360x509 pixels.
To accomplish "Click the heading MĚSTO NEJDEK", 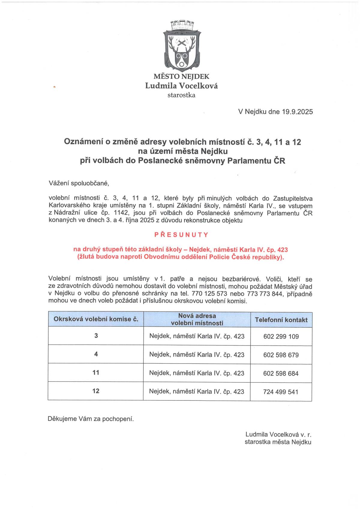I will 181,76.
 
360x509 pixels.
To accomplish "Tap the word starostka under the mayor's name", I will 181,95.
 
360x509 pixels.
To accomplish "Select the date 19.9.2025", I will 297,112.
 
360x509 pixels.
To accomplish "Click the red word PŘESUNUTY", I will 181,235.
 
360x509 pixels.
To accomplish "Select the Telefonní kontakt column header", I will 281,320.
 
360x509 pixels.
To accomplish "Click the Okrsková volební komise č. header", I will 96,319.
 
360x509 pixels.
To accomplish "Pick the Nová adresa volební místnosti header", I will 197,319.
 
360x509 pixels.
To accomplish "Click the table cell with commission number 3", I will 96,336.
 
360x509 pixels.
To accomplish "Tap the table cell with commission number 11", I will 96,373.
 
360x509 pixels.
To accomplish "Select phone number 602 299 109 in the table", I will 281,337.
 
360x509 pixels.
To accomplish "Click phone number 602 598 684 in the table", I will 281,373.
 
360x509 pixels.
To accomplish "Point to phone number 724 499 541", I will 281,392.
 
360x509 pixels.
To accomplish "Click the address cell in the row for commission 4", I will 197,355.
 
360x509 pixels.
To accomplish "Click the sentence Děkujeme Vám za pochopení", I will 91,419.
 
